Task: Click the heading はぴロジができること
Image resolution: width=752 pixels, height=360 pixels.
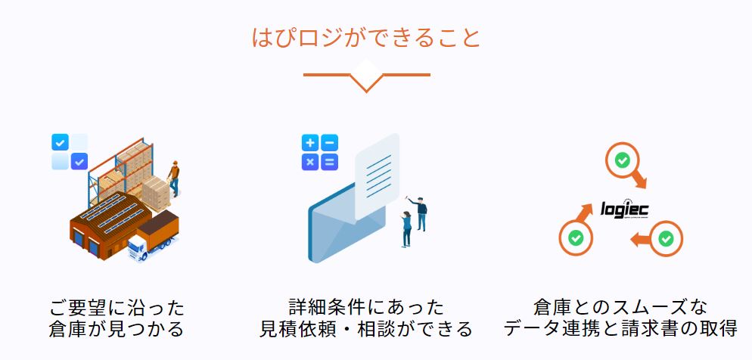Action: click(x=366, y=38)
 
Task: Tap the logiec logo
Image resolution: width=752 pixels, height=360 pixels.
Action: click(x=624, y=209)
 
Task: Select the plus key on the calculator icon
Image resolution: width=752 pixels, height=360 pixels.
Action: click(x=310, y=143)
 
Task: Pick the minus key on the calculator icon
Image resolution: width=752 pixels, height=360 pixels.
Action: click(x=330, y=143)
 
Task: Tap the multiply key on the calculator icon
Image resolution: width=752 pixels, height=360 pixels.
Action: click(x=310, y=162)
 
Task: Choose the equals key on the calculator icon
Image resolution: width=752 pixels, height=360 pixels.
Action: click(x=330, y=162)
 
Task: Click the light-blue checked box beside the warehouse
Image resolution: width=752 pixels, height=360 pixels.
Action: click(x=60, y=142)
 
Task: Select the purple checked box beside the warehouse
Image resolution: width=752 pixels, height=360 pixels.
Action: click(x=79, y=162)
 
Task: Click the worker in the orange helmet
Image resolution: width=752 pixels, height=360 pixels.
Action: click(x=174, y=178)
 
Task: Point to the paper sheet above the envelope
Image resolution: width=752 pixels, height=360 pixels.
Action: click(x=377, y=176)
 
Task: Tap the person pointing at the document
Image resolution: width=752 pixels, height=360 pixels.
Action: click(x=419, y=214)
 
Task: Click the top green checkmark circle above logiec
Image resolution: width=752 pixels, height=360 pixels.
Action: click(x=623, y=160)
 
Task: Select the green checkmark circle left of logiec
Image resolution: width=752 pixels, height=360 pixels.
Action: click(x=576, y=237)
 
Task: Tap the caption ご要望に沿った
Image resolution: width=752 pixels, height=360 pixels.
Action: click(x=117, y=307)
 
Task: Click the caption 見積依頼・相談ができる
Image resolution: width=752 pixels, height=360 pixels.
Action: click(x=366, y=329)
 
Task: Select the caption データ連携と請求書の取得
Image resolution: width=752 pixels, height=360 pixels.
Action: click(x=620, y=329)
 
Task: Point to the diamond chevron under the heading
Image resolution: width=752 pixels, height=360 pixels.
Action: click(x=367, y=76)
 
